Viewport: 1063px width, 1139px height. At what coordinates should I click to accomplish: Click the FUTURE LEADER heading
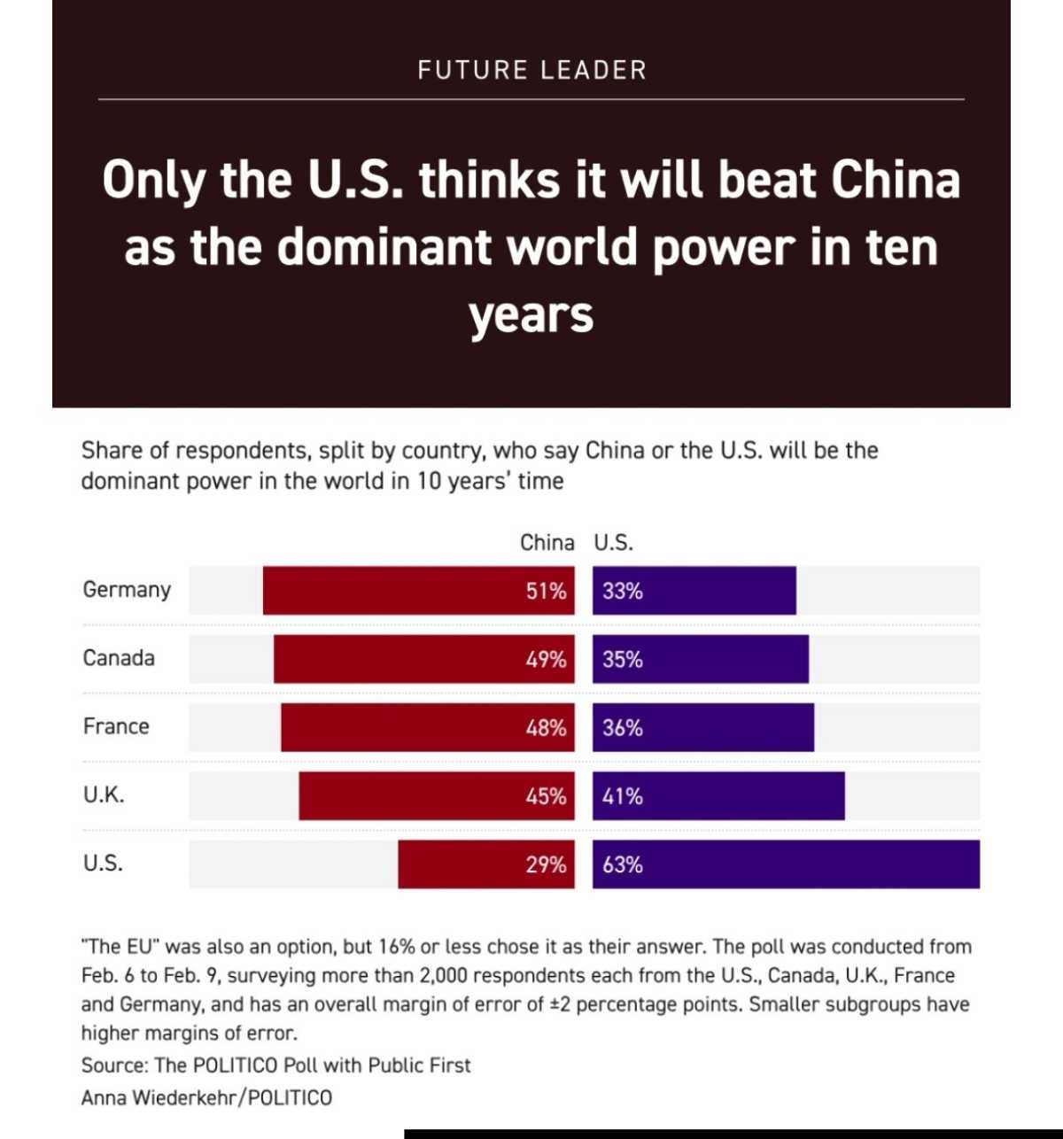pos(531,70)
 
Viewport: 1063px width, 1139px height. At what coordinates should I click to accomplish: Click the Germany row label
pos(127,590)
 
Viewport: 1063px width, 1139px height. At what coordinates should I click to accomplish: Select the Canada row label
pos(119,658)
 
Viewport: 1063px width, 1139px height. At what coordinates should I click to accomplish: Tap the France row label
pos(116,726)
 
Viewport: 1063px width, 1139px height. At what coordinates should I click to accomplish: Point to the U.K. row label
pos(104,794)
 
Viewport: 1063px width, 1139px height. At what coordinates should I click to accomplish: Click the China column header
pos(547,542)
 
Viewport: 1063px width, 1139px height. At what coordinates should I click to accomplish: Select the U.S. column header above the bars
pos(613,542)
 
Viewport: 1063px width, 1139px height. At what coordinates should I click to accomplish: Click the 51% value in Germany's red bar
pos(546,591)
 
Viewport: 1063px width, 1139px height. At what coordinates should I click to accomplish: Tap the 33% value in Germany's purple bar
pos(622,591)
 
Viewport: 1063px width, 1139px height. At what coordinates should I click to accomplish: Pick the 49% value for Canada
pos(546,659)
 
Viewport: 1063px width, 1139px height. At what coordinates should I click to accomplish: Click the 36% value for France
pos(622,728)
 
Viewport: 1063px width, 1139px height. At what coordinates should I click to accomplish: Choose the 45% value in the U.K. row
pos(546,796)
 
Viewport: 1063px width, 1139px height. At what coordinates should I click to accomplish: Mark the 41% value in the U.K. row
pos(622,796)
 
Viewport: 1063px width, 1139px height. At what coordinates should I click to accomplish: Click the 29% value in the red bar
pos(546,864)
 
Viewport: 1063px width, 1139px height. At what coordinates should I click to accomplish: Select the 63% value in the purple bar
pos(622,864)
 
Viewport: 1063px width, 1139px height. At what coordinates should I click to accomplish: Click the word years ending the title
pos(531,315)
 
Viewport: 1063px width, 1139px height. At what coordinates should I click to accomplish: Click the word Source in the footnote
pos(113,1065)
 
